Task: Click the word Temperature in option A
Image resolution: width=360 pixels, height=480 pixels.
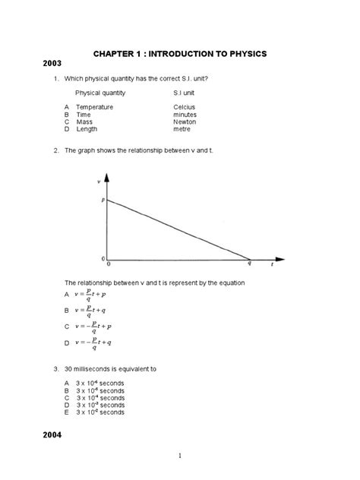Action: coord(96,108)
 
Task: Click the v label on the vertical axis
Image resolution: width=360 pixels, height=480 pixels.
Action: coord(99,182)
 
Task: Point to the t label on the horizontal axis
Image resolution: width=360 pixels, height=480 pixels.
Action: coord(272,267)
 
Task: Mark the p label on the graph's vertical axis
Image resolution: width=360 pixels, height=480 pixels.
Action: coord(102,200)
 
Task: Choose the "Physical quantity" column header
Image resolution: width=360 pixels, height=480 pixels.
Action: coord(100,93)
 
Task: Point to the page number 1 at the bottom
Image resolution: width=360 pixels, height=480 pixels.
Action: coord(180,456)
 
